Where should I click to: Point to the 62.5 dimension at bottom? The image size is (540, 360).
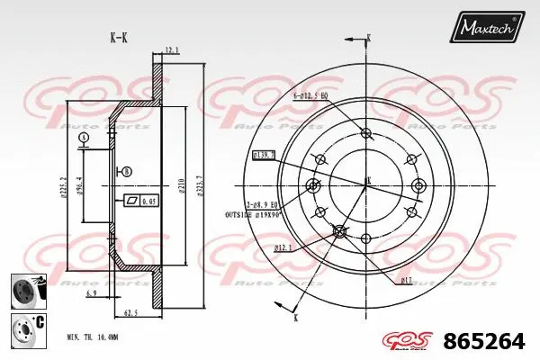(x=130, y=313)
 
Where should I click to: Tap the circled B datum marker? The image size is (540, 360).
(x=126, y=171)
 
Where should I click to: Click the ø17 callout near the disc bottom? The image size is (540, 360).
(x=407, y=281)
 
